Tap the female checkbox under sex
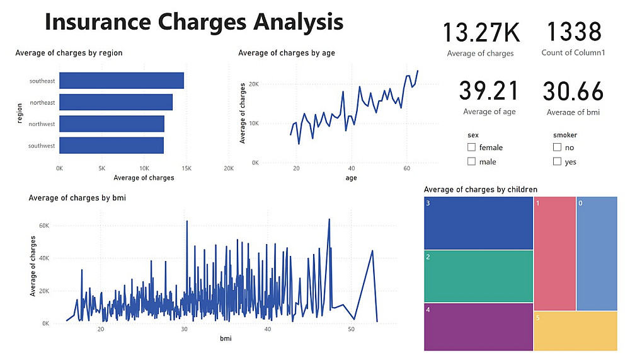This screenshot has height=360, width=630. (472, 148)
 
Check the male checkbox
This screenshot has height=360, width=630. (472, 162)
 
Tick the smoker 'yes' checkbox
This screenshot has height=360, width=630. (557, 162)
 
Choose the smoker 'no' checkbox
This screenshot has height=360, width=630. (557, 148)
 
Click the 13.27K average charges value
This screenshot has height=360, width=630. (480, 33)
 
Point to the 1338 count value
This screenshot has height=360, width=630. (573, 32)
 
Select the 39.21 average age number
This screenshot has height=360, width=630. (489, 91)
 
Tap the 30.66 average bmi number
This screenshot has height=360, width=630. (573, 91)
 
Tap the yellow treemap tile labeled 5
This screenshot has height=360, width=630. (575, 331)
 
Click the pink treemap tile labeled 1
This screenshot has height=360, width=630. (554, 253)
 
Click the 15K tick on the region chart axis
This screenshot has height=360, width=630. (187, 169)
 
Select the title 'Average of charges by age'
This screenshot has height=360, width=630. (287, 53)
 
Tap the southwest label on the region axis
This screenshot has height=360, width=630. (42, 146)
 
